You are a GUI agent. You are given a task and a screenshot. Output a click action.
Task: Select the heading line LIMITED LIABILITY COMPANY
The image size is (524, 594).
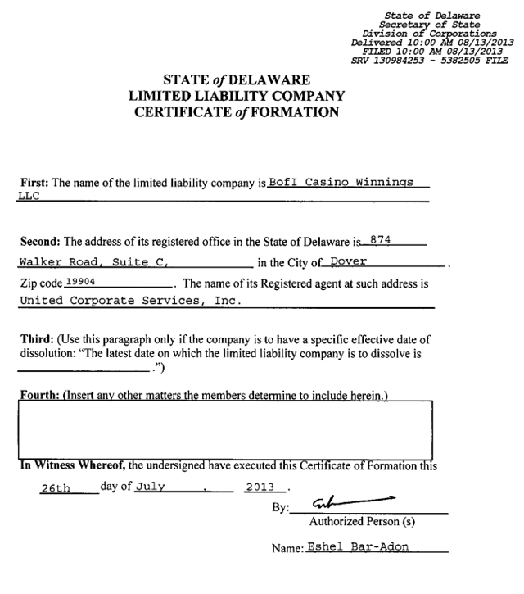pos(237,96)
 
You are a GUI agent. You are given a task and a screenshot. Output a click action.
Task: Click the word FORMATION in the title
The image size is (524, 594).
pos(296,112)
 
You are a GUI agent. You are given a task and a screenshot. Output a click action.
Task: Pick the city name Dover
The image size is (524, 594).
pos(347,263)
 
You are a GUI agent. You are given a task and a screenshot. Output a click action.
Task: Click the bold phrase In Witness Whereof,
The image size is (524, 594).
pos(71,466)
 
